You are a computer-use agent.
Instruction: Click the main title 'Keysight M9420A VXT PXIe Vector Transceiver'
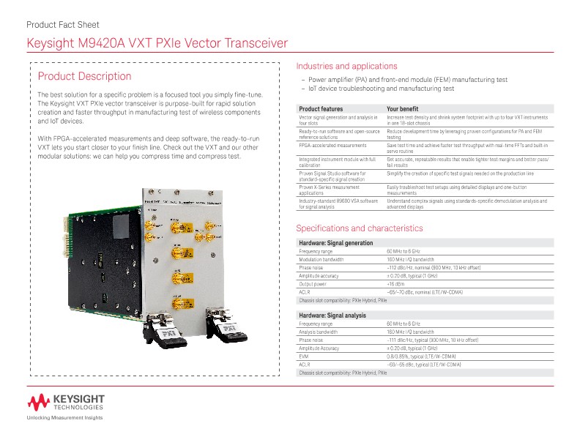click(152, 44)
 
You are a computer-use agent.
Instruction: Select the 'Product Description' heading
click(84, 76)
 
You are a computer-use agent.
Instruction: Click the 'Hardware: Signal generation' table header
click(336, 242)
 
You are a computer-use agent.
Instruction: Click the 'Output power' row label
click(313, 283)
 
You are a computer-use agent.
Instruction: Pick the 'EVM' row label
click(305, 356)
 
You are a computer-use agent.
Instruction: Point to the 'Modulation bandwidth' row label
click(321, 259)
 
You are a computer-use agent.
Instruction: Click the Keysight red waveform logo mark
click(39, 401)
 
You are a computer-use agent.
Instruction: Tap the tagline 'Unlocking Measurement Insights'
click(64, 418)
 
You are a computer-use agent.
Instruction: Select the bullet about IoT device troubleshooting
click(381, 89)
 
